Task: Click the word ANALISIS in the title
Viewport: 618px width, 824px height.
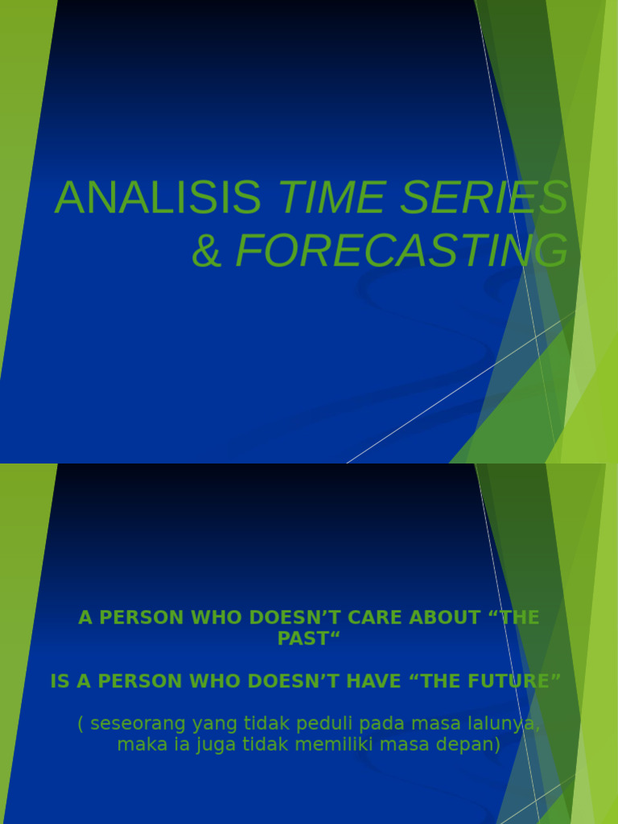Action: coord(158,198)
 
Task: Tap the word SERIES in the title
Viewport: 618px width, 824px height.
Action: coord(484,198)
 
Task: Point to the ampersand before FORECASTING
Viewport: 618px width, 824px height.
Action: coord(207,251)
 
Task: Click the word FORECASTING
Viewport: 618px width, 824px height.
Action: coord(402,251)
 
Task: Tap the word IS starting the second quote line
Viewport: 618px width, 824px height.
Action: coord(60,682)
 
